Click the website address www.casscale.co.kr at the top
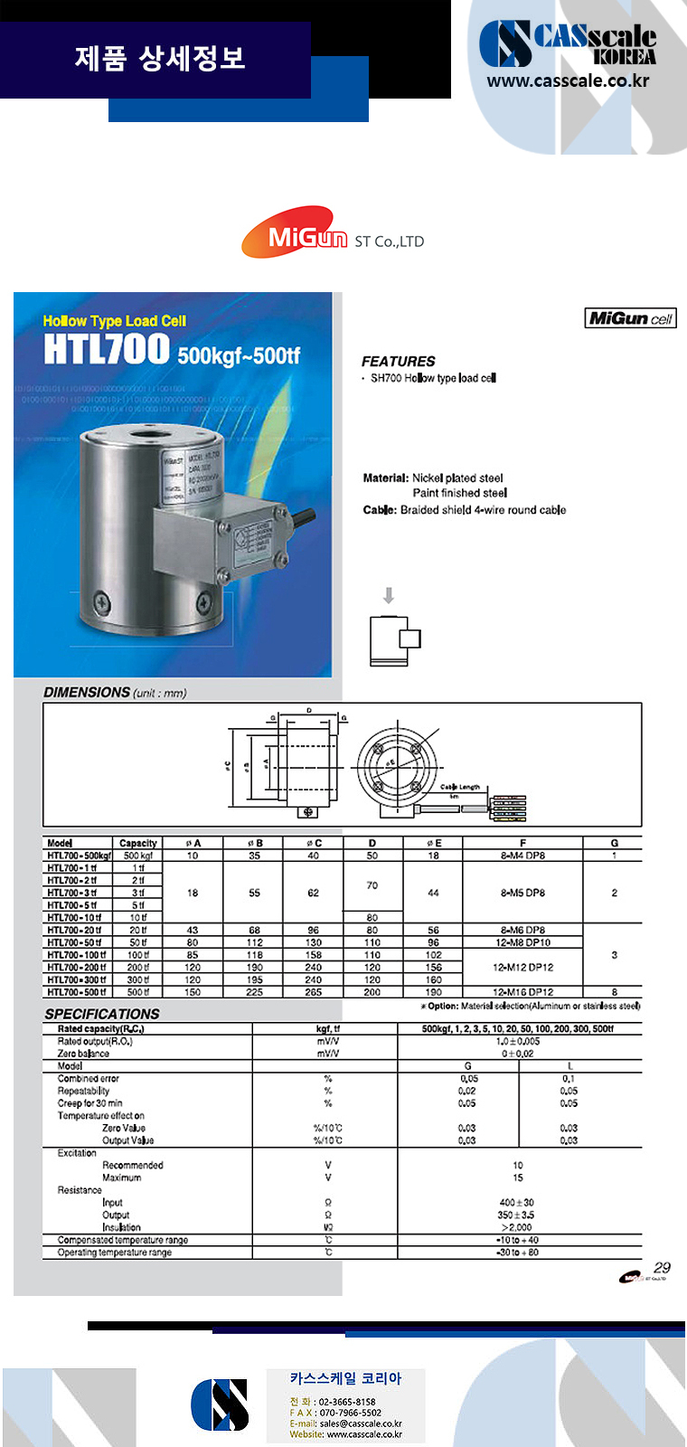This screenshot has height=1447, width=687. [x=568, y=80]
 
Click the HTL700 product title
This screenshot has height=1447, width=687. [x=107, y=349]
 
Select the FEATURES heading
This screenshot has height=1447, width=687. [x=398, y=361]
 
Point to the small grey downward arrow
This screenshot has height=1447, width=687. [x=389, y=595]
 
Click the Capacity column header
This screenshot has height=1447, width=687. [x=138, y=843]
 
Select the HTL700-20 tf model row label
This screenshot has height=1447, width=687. [x=75, y=930]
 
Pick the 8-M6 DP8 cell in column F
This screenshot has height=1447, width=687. [x=522, y=930]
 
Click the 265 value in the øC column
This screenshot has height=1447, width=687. [x=313, y=992]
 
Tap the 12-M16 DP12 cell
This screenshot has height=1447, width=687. [x=522, y=992]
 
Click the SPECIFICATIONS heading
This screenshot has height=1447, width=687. [x=101, y=1014]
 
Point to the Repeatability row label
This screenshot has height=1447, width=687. [x=84, y=1091]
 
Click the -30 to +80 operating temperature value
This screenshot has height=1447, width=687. [x=517, y=1253]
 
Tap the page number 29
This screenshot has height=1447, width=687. [x=662, y=1268]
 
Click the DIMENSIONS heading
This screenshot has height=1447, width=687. [x=87, y=693]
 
